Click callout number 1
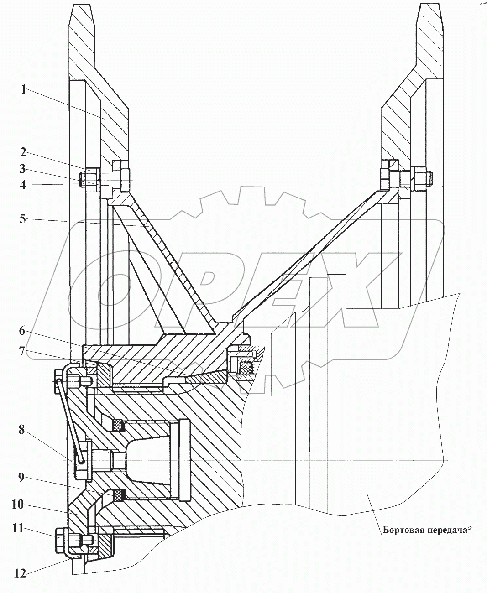point(24,90)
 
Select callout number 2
point(23,152)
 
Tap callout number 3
point(23,169)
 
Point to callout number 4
point(23,185)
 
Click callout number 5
point(23,218)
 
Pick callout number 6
point(22,331)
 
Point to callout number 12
point(20,574)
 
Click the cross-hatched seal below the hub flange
point(246,367)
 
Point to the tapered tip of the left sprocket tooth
point(82,5)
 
